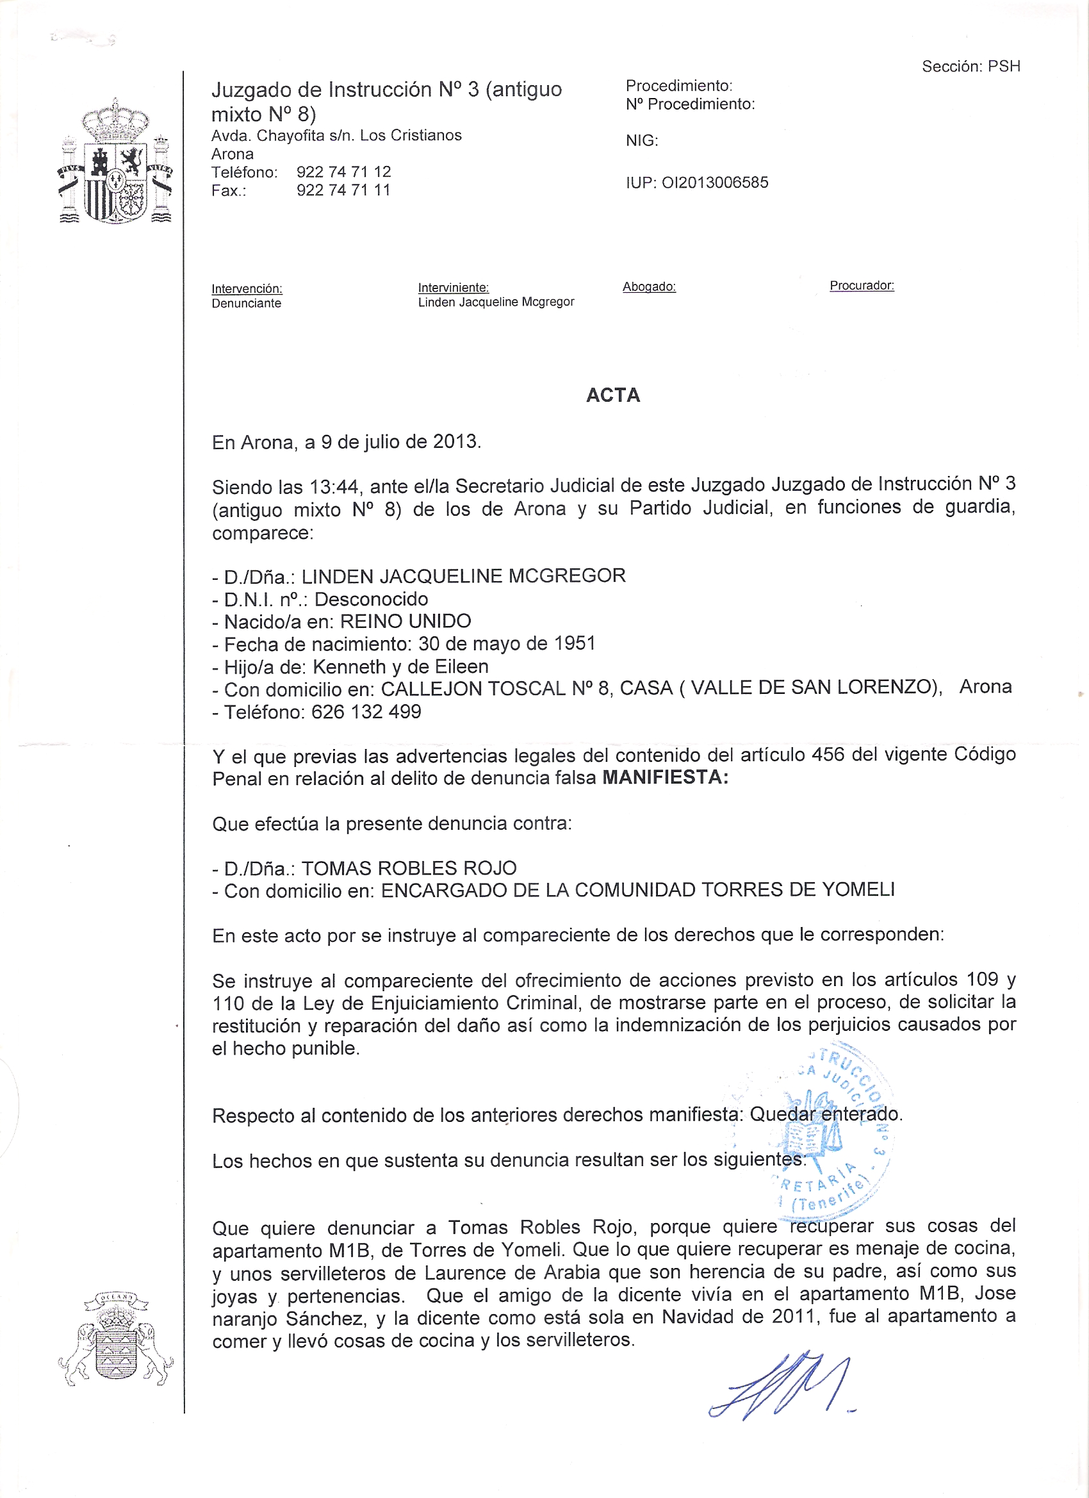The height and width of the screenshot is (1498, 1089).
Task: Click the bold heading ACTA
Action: coord(613,395)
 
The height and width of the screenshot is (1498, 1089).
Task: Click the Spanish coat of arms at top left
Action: coord(115,163)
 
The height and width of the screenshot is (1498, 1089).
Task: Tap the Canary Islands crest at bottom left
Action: coord(115,1342)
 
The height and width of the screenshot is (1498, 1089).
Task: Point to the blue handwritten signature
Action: coord(779,1387)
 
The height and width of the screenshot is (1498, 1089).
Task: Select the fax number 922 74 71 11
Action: coord(343,190)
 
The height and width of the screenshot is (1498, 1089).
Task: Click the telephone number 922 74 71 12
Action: coord(343,172)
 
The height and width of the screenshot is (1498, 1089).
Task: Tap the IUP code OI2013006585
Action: coord(714,183)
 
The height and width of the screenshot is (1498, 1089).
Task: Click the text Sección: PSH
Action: coord(970,66)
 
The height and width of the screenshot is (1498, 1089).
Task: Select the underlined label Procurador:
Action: coord(862,285)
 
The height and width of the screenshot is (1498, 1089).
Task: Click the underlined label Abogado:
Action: coord(649,286)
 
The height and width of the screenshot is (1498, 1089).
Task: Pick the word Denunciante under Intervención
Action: coord(247,303)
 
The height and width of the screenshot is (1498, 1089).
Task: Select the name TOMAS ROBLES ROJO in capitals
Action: coord(409,868)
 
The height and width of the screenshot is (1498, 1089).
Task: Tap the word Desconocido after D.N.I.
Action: coord(371,599)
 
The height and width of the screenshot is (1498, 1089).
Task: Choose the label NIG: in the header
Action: coord(642,140)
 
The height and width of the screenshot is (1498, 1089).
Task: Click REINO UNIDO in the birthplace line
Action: coord(405,621)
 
